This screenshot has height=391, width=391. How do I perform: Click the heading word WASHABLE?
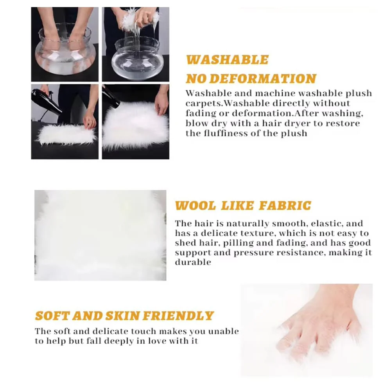point(227,60)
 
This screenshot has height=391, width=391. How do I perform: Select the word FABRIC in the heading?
point(285,206)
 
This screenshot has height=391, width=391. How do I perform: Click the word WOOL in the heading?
point(195,206)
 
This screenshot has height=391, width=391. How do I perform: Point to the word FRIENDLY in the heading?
point(178,316)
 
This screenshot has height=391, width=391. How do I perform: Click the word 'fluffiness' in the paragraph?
point(226,133)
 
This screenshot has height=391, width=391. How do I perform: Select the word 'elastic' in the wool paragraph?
point(326,223)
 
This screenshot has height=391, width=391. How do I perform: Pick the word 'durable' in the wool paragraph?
point(193,262)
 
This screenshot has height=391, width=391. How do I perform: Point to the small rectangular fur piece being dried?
point(66,135)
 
